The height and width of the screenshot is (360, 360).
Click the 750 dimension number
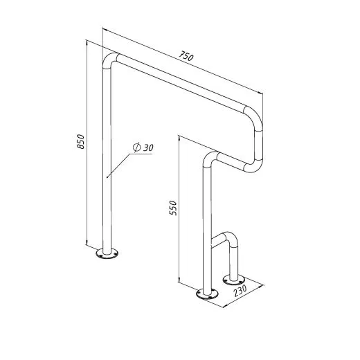(x=186, y=56)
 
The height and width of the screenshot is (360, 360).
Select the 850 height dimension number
(x=81, y=141)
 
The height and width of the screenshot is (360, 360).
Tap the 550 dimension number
(x=173, y=208)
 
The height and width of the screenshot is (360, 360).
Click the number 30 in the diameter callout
(x=148, y=147)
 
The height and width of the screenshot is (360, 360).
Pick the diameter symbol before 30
(x=137, y=147)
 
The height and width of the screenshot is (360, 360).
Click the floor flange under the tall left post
(x=107, y=253)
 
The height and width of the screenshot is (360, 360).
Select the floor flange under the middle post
(x=207, y=294)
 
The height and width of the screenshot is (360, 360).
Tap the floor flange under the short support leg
(x=233, y=280)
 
